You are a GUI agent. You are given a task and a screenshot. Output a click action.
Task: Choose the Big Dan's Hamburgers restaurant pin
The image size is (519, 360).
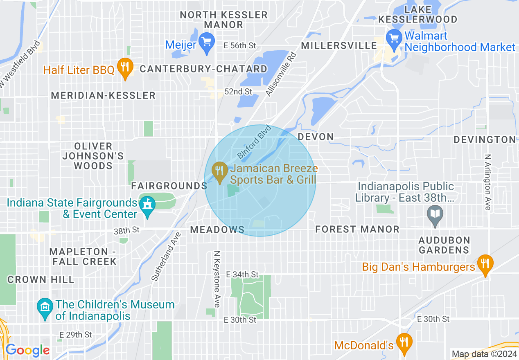coord(485,264)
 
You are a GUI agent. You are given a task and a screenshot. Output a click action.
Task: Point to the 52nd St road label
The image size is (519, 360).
coord(239,92)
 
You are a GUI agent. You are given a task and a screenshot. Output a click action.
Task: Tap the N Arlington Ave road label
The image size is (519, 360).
coord(487,182)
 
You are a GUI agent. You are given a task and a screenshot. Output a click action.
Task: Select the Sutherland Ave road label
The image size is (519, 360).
coord(166,256)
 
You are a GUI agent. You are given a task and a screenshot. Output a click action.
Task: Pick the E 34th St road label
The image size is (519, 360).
coord(242,274)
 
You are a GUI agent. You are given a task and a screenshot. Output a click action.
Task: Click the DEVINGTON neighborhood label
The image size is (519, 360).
coord(485,140)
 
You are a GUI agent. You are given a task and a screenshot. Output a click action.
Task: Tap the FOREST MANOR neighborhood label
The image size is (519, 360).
coord(357,229)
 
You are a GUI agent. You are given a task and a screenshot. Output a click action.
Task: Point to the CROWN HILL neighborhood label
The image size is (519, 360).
coord(41,280)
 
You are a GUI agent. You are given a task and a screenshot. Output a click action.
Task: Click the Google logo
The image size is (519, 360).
coord(27,350)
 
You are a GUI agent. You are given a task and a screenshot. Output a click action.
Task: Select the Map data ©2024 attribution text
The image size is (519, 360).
coord(483,354)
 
